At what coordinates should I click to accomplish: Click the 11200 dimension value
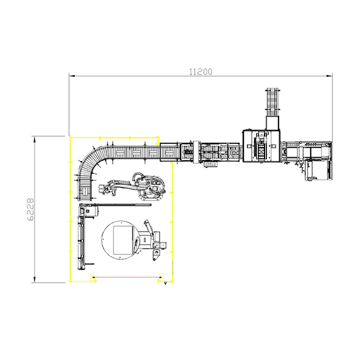(200, 72)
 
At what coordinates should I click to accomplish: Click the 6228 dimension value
(31, 209)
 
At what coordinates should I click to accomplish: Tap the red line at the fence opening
(128, 277)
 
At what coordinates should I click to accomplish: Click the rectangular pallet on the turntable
(124, 240)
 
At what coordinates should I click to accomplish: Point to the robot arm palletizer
(133, 186)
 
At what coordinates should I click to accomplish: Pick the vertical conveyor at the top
(272, 102)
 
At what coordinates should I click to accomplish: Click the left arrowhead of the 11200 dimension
(72, 76)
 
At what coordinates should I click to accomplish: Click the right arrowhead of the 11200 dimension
(329, 76)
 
